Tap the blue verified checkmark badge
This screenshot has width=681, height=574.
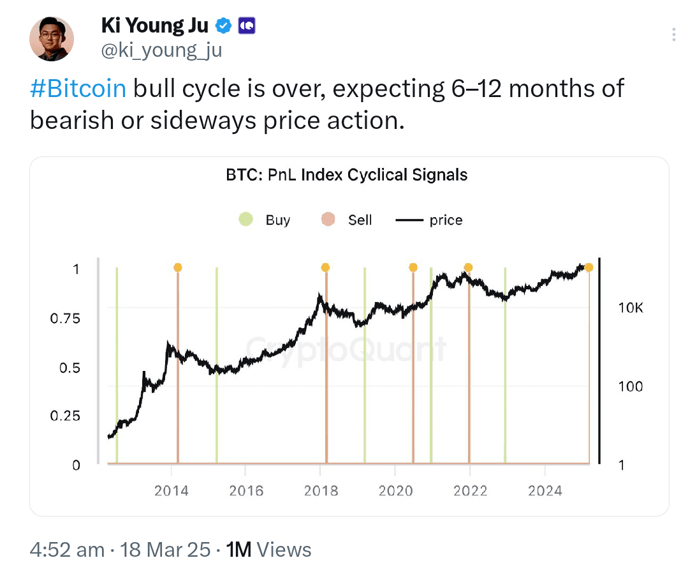223,26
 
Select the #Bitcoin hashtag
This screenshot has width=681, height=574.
78,88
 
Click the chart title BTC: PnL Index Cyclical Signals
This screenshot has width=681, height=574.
347,175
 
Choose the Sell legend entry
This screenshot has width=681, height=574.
347,220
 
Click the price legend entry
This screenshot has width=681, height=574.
429,220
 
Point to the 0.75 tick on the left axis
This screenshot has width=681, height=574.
65,319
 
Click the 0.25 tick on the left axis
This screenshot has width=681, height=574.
65,416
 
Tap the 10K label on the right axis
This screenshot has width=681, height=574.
631,308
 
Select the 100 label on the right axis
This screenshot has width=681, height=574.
631,387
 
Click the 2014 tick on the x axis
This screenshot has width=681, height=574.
171,490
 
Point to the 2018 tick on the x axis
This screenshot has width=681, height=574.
321,490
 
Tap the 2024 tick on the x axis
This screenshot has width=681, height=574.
545,490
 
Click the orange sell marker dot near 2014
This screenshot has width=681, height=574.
177,268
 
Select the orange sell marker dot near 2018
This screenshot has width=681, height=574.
326,268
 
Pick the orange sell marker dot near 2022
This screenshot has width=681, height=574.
468,268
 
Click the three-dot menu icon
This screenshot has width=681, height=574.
675,34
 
